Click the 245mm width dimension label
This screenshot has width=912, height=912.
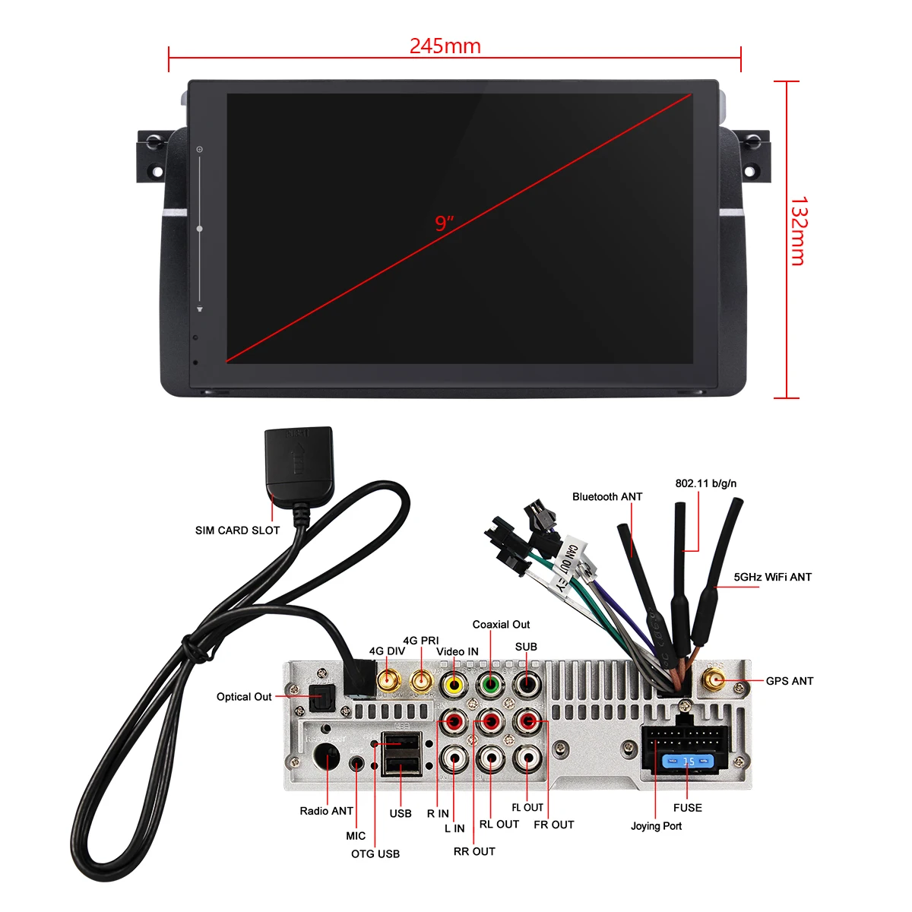tap(445, 46)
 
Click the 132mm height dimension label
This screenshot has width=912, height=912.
tap(799, 232)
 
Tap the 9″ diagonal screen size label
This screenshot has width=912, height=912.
tap(445, 223)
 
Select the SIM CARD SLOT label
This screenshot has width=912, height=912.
tap(237, 530)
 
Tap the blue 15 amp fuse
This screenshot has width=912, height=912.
tap(687, 761)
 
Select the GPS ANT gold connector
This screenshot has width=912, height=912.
tap(714, 681)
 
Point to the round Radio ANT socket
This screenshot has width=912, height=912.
tap(327, 758)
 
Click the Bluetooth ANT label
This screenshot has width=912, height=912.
tap(607, 497)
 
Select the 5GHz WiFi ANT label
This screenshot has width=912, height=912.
tap(772, 578)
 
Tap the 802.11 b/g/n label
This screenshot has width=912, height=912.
tap(705, 483)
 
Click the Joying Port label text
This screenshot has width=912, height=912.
tap(656, 826)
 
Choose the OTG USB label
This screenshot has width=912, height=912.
tap(375, 854)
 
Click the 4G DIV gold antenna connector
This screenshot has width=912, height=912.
tap(388, 680)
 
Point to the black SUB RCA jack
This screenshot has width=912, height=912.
tap(527, 684)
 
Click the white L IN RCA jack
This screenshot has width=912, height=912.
tap(455, 757)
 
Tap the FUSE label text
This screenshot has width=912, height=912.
tap(687, 808)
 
